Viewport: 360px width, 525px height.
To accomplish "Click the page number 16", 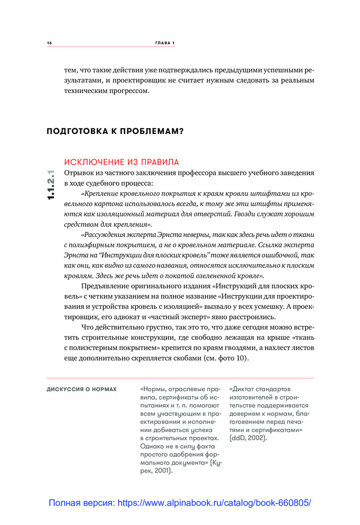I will pyautogui.click(x=49, y=43).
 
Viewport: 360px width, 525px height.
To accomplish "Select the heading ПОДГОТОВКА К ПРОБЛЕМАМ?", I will pyautogui.click(x=115, y=131).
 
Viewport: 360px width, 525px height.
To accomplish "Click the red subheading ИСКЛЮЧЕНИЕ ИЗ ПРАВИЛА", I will pyautogui.click(x=121, y=162).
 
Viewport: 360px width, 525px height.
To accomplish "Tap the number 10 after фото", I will pyautogui.click(x=235, y=359).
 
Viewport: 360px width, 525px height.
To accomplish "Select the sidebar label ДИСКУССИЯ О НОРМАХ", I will pyautogui.click(x=82, y=390).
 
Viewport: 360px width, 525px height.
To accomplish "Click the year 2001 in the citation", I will pyautogui.click(x=163, y=470).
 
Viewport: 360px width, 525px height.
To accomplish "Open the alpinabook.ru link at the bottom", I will pyautogui.click(x=179, y=502).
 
